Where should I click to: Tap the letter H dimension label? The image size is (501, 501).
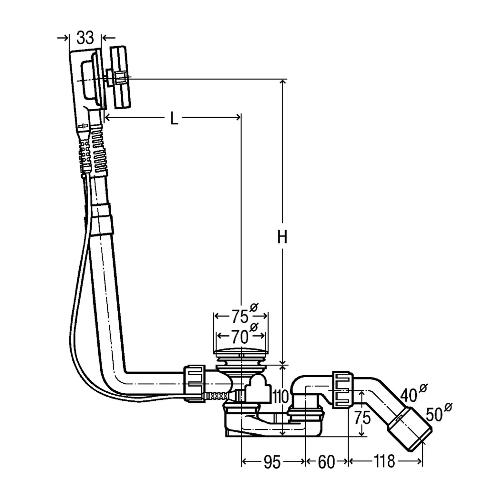click(283, 238)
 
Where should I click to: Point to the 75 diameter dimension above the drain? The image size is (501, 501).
click(240, 316)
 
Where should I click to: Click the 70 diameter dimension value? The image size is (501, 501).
click(240, 336)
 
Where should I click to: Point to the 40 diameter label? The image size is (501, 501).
click(409, 394)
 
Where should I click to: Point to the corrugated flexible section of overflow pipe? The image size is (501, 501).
click(98, 147)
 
